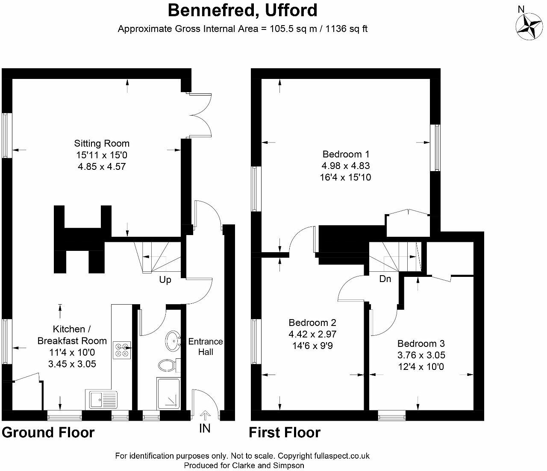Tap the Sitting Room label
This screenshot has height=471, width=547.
(102, 143)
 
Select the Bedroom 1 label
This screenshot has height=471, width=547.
(346, 154)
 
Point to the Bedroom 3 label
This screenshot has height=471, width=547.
(421, 343)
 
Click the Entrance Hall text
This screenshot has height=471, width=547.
(206, 346)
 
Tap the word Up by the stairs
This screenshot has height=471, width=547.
(165, 280)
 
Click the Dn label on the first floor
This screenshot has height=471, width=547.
(385, 279)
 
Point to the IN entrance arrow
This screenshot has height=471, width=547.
(205, 416)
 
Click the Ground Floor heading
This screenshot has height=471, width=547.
(48, 432)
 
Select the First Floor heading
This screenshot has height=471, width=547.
(285, 432)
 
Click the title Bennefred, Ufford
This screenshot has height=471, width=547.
(242, 10)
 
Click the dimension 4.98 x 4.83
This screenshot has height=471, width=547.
(346, 166)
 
